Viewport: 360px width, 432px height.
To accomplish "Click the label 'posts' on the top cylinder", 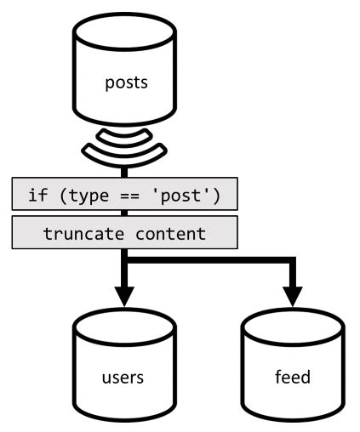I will coord(125,83).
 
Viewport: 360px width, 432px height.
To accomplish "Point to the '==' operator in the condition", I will coord(134,197).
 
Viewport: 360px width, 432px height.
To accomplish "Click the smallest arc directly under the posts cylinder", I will coord(125,134).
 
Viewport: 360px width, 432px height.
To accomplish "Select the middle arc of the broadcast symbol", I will coord(125,146).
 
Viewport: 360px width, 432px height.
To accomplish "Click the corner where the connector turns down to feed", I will coord(294,260).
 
